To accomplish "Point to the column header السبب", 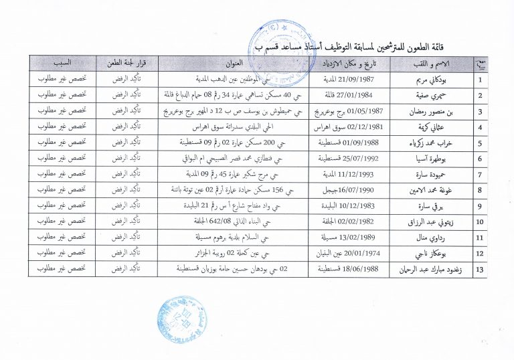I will pyautogui.click(x=61, y=63).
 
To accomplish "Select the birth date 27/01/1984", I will pyautogui.click(x=351, y=95).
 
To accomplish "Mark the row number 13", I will pyautogui.click(x=479, y=268).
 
